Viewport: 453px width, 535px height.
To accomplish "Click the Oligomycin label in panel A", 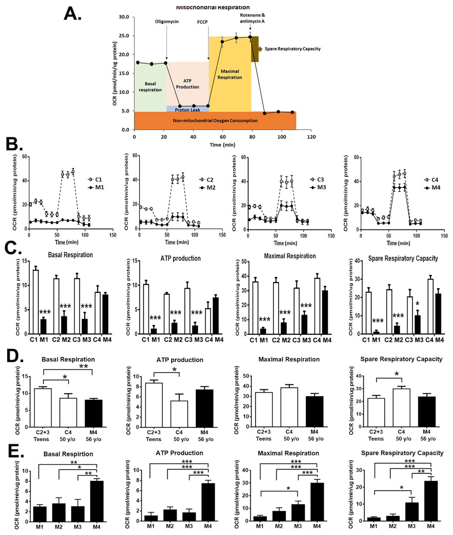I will point(167,22).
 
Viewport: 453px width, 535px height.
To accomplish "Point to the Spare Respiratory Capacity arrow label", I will point(293,49).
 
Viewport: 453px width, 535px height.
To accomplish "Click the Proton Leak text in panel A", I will point(188,110).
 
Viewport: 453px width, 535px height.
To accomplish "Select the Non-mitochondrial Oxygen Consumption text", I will point(215,121).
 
